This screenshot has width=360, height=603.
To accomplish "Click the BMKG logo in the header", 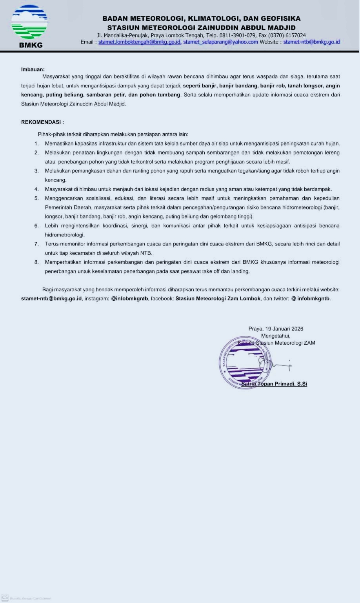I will [x=29, y=26].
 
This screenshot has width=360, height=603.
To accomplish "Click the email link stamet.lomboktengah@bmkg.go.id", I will [x=139, y=42].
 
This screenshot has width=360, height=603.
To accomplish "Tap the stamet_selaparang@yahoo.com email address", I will [x=220, y=42].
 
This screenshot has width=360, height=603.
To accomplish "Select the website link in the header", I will [x=311, y=42].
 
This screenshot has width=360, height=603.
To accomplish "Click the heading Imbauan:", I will [x=33, y=69].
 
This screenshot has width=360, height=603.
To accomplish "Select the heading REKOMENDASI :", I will [x=42, y=122].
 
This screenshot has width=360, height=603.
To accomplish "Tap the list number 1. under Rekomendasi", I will [x=37, y=143].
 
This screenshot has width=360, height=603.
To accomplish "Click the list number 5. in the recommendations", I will [x=37, y=198].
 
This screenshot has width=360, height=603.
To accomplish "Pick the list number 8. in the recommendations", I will [x=37, y=262].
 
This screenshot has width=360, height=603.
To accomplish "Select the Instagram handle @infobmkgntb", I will [x=129, y=298].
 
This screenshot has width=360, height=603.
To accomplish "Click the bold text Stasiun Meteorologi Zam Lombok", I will [x=218, y=298].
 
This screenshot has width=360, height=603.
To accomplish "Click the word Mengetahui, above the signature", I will [x=276, y=336].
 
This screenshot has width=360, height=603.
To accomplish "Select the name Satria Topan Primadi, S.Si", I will [x=274, y=384].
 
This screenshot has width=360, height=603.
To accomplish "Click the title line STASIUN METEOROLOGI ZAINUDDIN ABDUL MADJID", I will [x=201, y=27].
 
